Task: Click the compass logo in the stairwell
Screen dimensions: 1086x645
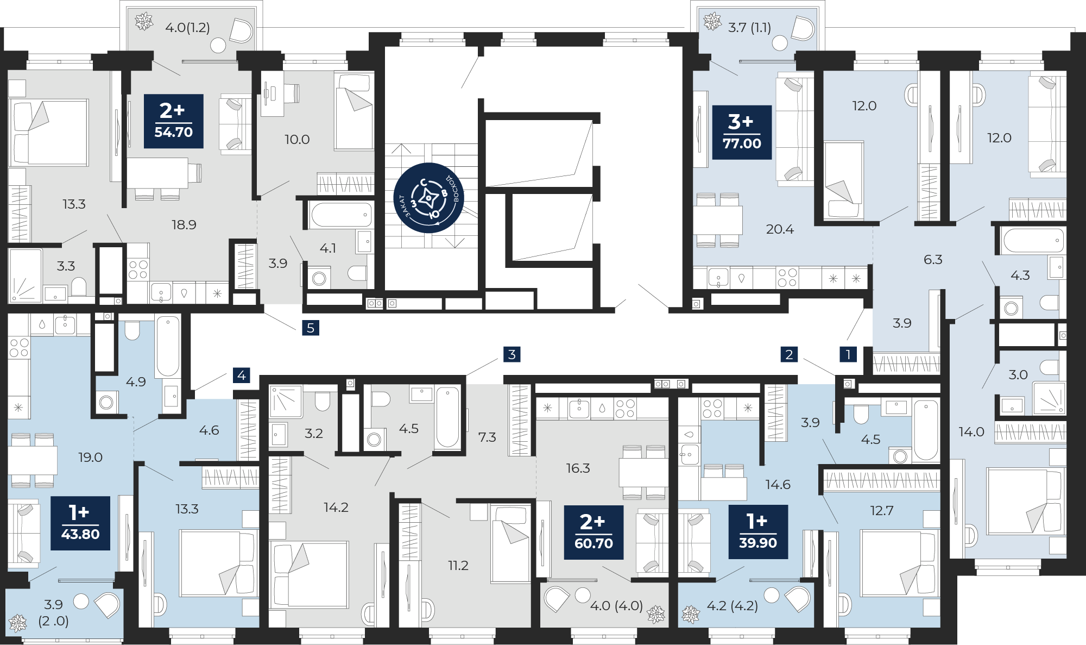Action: click(x=428, y=198)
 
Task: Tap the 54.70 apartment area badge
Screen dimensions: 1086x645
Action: click(x=174, y=121)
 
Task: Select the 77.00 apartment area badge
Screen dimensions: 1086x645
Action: click(x=742, y=132)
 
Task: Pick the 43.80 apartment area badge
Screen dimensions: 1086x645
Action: click(x=80, y=523)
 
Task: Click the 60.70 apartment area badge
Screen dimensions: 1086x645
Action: click(x=593, y=533)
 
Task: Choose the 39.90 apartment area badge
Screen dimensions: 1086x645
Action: click(x=758, y=532)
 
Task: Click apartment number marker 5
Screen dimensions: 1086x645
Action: click(x=311, y=328)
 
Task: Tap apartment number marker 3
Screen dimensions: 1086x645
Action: click(x=512, y=354)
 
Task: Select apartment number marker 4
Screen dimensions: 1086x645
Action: click(x=242, y=375)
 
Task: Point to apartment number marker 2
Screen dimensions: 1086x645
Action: click(x=789, y=354)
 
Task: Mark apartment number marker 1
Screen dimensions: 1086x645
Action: click(x=848, y=354)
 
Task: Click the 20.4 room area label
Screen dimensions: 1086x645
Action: click(x=780, y=229)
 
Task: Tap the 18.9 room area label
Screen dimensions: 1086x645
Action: click(x=184, y=224)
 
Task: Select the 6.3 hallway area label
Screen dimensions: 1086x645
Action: click(x=933, y=259)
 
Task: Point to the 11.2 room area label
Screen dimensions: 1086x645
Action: click(x=458, y=566)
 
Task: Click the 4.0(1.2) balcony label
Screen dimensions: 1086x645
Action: click(x=187, y=27)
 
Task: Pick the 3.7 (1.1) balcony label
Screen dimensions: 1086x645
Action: click(x=749, y=27)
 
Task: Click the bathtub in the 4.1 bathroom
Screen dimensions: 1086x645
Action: click(x=341, y=215)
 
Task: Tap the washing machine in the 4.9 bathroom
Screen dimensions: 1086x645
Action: click(x=106, y=402)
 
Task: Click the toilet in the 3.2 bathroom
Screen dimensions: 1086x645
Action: click(x=323, y=401)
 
